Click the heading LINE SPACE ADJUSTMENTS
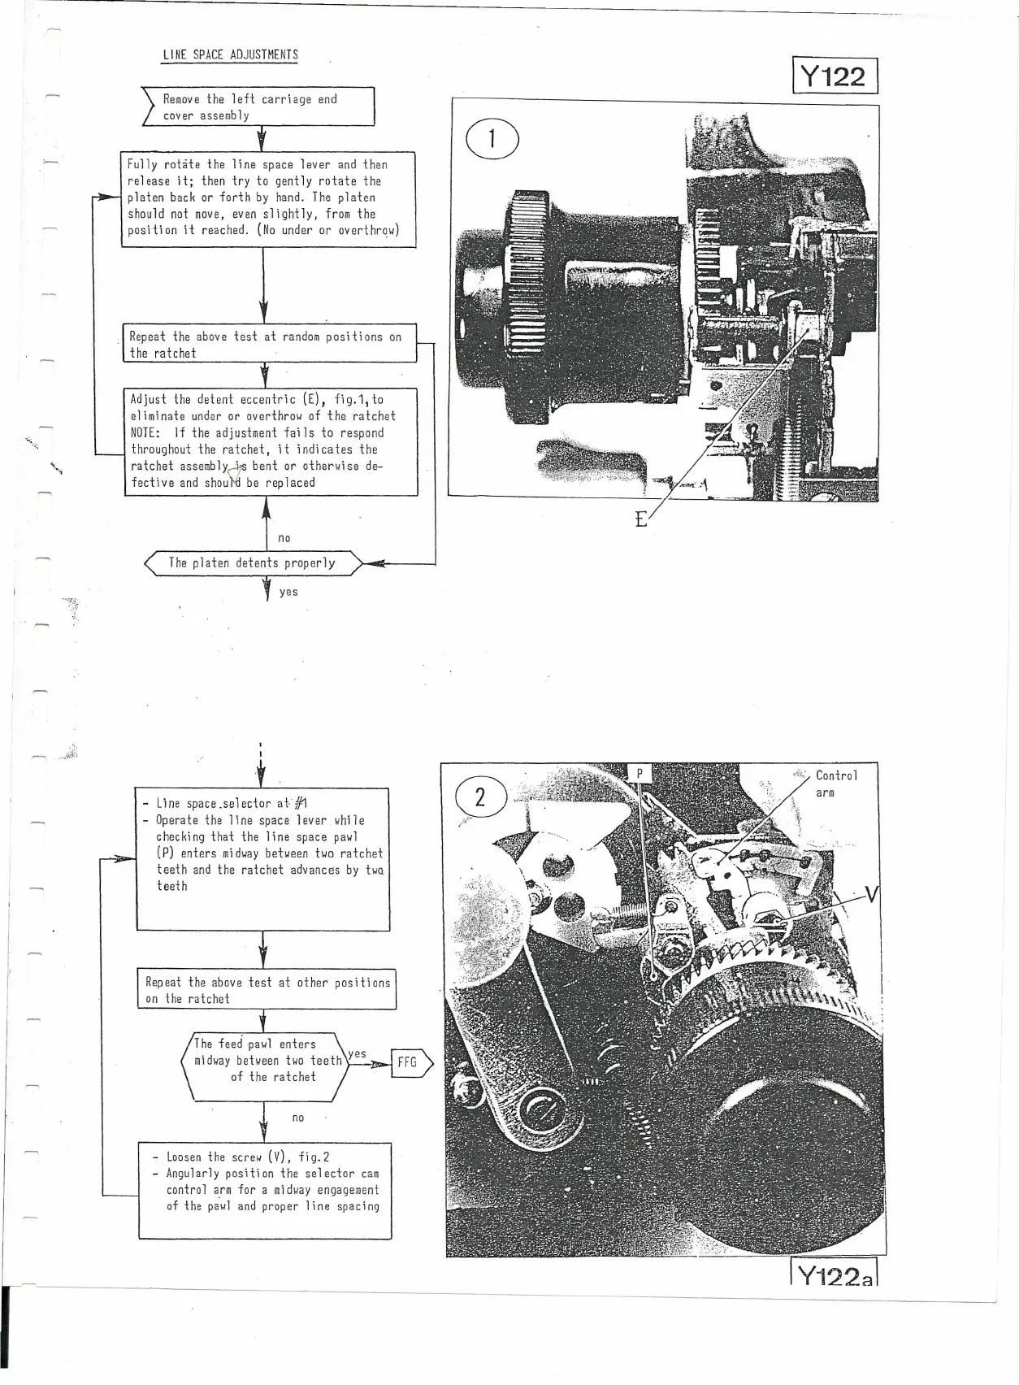pos(230,55)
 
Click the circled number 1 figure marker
pos(492,140)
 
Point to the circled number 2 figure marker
pos(480,797)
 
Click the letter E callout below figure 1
pos(641,519)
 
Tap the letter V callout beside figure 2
pos(871,896)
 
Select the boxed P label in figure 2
pos(640,774)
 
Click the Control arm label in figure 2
pos(835,784)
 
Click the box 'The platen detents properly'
pos(252,563)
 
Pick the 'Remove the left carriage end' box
pos(258,107)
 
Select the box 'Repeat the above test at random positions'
pos(269,345)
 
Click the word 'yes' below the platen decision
pos(288,593)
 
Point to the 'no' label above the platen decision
pos(284,538)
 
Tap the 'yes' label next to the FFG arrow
pos(357,1054)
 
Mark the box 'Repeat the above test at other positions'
pos(267,990)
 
